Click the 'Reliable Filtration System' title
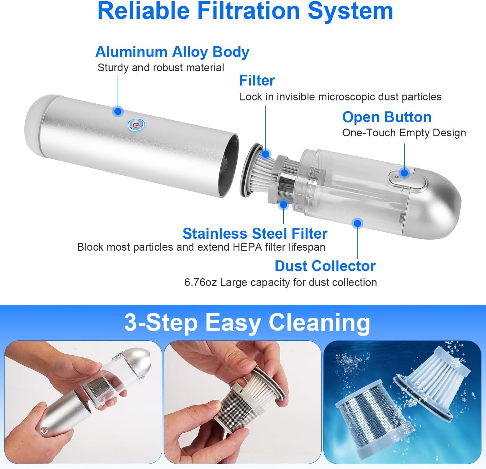(x=245, y=11)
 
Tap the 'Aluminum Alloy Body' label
(x=172, y=52)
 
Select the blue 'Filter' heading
(x=257, y=81)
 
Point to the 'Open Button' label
(x=387, y=117)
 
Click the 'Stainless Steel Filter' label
(x=255, y=234)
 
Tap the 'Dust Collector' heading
(x=325, y=266)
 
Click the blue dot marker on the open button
(x=404, y=173)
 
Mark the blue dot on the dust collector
(x=357, y=223)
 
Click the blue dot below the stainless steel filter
(x=283, y=205)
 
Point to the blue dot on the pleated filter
(x=266, y=154)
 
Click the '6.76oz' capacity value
(x=200, y=282)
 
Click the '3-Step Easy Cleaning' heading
(x=247, y=323)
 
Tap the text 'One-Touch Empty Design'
(x=404, y=133)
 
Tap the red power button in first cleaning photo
(x=44, y=431)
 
